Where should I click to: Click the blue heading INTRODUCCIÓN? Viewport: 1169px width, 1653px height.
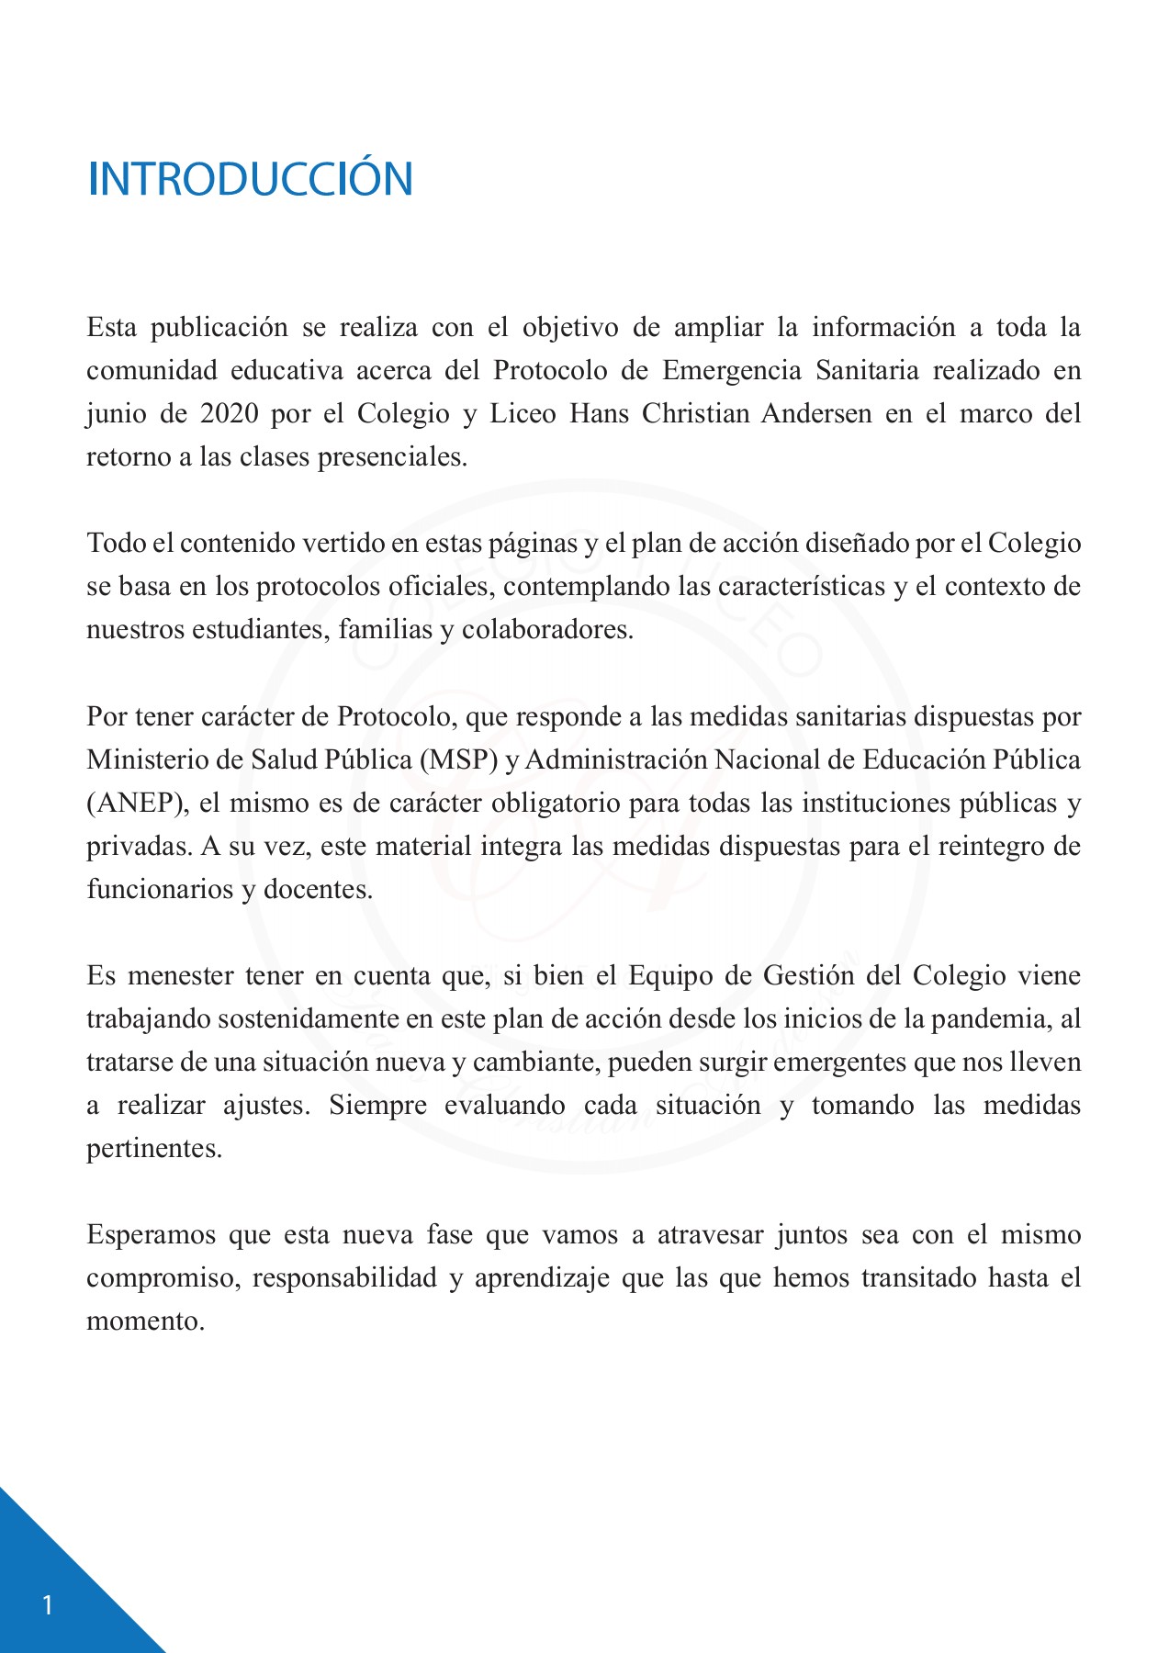(250, 179)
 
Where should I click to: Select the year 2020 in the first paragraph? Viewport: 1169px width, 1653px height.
(229, 414)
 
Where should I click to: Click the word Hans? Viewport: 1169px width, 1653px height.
(599, 414)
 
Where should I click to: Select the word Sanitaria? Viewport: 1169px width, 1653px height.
(866, 371)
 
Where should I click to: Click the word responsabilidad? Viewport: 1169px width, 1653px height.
(344, 1278)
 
